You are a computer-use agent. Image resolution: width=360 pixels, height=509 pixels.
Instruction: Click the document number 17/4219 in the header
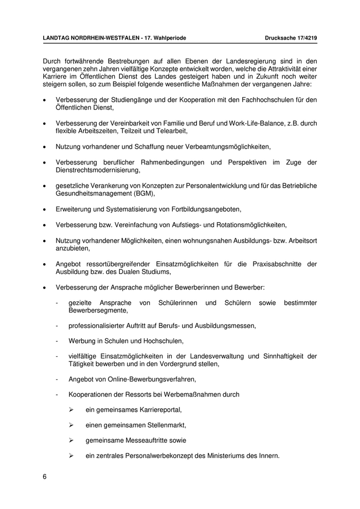click(304, 38)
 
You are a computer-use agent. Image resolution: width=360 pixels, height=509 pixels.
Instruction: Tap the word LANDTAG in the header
click(57, 38)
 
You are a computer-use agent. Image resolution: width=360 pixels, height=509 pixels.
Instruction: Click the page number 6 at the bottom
click(45, 476)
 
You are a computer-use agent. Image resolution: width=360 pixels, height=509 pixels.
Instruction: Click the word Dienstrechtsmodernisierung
click(97, 170)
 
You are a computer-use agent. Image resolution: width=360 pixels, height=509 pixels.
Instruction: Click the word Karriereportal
click(158, 410)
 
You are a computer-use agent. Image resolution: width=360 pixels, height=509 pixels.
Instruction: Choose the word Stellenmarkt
click(162, 425)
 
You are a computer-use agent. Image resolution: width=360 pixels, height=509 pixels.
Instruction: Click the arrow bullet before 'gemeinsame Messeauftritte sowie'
click(72, 441)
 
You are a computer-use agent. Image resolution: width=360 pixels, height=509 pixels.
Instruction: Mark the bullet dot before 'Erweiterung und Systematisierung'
click(45, 210)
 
